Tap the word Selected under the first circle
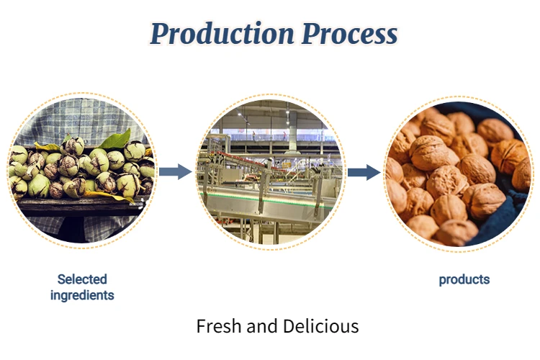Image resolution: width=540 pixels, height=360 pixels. point(82,279)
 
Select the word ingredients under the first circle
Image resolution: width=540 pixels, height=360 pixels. point(82,294)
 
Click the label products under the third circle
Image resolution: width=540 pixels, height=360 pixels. point(464,279)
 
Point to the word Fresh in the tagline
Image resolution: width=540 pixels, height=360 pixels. point(219,326)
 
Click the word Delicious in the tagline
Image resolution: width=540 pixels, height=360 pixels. point(320,326)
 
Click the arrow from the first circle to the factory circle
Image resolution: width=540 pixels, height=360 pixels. point(175,171)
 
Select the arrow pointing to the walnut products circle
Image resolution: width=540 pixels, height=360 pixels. point(364,172)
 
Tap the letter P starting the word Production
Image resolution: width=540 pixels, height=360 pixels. point(161,33)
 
